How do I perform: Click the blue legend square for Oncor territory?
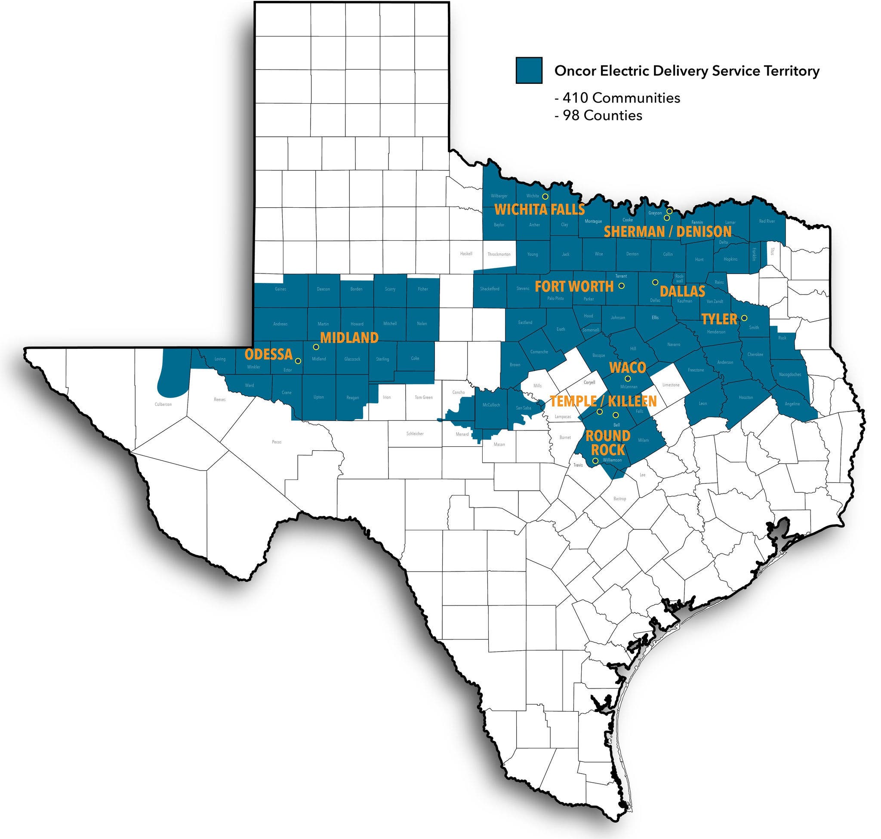[x=528, y=70]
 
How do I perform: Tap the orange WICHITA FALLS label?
[x=539, y=209]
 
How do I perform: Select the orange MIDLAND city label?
[x=349, y=337]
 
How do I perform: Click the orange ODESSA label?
[x=268, y=354]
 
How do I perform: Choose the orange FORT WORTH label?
[x=574, y=286]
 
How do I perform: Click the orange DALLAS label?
[x=682, y=292]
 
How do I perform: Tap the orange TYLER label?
[x=719, y=319]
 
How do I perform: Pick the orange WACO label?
[x=628, y=368]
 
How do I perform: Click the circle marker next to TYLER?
[x=744, y=318]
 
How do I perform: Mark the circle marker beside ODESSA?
[x=299, y=360]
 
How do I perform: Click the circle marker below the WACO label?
[x=627, y=379]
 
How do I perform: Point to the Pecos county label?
[x=277, y=442]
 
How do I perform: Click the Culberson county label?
[x=163, y=404]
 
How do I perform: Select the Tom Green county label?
[x=423, y=397]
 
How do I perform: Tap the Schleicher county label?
[x=415, y=434]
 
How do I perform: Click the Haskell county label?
[x=466, y=254]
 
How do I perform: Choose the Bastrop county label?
[x=620, y=499]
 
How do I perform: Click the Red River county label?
[x=767, y=221]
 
